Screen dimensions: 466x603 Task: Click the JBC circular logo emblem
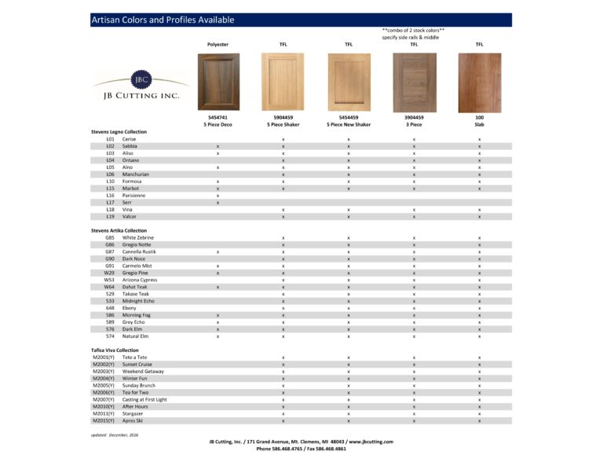141,80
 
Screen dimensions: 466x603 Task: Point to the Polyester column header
217,45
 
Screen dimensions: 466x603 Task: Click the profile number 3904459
414,116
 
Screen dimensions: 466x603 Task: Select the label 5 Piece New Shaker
349,124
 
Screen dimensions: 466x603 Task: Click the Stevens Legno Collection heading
119,131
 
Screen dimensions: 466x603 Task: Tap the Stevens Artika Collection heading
119,230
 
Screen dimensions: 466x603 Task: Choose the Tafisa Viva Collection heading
115,350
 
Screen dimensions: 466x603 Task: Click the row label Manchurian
136,174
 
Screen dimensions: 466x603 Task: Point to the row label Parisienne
135,195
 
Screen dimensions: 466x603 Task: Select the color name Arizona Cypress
140,280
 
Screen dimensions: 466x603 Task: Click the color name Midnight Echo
138,301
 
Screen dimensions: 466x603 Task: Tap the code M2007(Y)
104,399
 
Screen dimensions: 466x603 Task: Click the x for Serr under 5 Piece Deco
217,202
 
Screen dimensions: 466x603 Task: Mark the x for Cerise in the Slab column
479,139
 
